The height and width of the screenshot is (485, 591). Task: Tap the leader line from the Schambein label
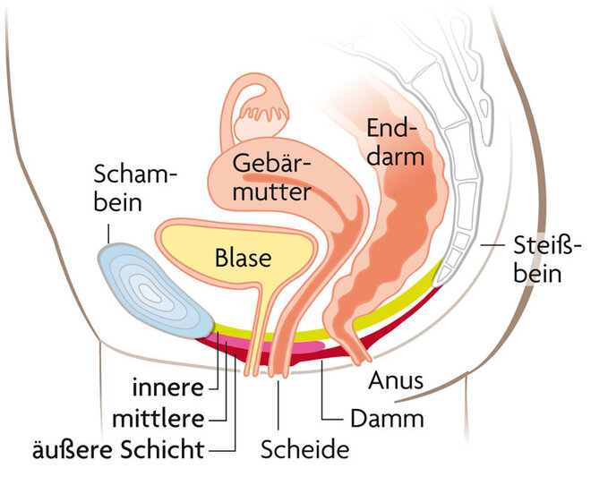109,232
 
